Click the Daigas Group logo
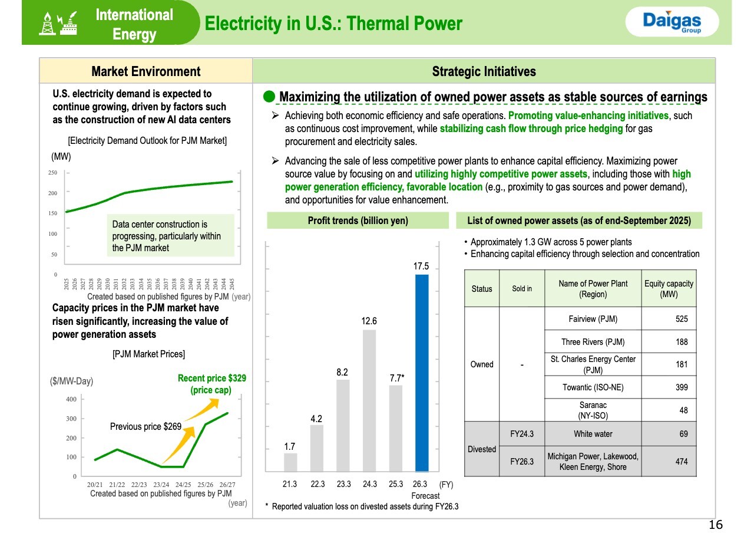(x=672, y=22)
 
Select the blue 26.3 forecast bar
(x=421, y=373)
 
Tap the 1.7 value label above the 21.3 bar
(x=289, y=446)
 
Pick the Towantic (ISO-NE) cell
(x=592, y=387)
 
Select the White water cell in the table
(x=592, y=434)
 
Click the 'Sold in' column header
(x=521, y=288)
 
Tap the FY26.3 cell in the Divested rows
(x=521, y=461)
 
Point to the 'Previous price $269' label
(x=145, y=426)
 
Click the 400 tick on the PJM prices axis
(x=71, y=399)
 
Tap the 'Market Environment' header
(x=145, y=72)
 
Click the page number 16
(x=716, y=525)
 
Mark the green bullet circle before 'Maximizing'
(x=269, y=96)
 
